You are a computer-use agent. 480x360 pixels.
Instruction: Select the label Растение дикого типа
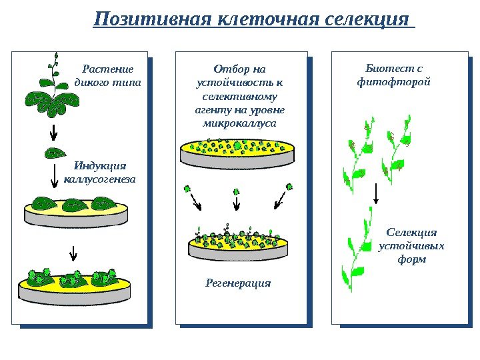coord(107,75)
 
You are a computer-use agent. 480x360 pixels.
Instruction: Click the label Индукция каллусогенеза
coord(100,172)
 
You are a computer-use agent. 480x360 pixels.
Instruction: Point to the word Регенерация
coord(238,283)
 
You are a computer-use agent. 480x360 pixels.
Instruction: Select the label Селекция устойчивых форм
coord(411,245)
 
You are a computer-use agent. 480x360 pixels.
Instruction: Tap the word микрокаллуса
coord(239,123)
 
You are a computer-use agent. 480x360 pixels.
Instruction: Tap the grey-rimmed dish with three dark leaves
coord(75,212)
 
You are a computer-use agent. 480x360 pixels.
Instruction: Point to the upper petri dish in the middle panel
coord(238,152)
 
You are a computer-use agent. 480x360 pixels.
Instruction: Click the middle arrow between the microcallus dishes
coord(237,203)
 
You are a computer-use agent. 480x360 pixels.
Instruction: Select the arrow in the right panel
coord(376,193)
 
